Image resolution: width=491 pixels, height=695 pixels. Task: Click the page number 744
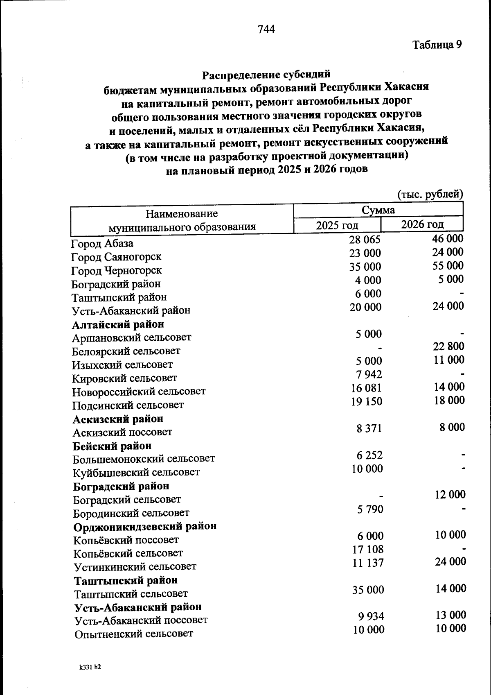[x=266, y=29]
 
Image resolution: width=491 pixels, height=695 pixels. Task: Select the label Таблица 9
[x=437, y=45]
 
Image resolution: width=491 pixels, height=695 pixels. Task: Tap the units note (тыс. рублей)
[x=430, y=194]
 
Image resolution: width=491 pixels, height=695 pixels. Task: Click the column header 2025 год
[x=337, y=225]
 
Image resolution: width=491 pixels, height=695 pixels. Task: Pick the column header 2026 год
[x=422, y=224]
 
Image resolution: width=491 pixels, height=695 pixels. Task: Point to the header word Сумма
[x=378, y=211]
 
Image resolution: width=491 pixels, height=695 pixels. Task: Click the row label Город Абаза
[x=102, y=244]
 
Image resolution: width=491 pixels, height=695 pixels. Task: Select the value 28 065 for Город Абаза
[x=365, y=240]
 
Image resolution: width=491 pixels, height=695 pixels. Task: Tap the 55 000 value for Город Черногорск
[x=448, y=266]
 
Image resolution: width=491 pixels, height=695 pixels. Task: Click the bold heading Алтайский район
[x=118, y=324]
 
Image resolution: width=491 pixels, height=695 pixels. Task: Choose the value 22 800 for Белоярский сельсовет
[x=448, y=346]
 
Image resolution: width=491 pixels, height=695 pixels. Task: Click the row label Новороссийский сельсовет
[x=139, y=392]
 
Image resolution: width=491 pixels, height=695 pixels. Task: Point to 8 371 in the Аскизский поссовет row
[x=369, y=428]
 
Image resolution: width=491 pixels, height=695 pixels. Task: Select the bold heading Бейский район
[x=112, y=446]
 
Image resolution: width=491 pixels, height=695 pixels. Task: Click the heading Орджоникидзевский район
[x=145, y=526]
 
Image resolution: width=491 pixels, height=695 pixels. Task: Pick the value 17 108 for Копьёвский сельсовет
[x=368, y=550]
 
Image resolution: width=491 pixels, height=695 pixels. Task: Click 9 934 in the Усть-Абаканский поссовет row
[x=370, y=616]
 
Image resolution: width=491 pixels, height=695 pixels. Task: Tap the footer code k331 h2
[x=90, y=667]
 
